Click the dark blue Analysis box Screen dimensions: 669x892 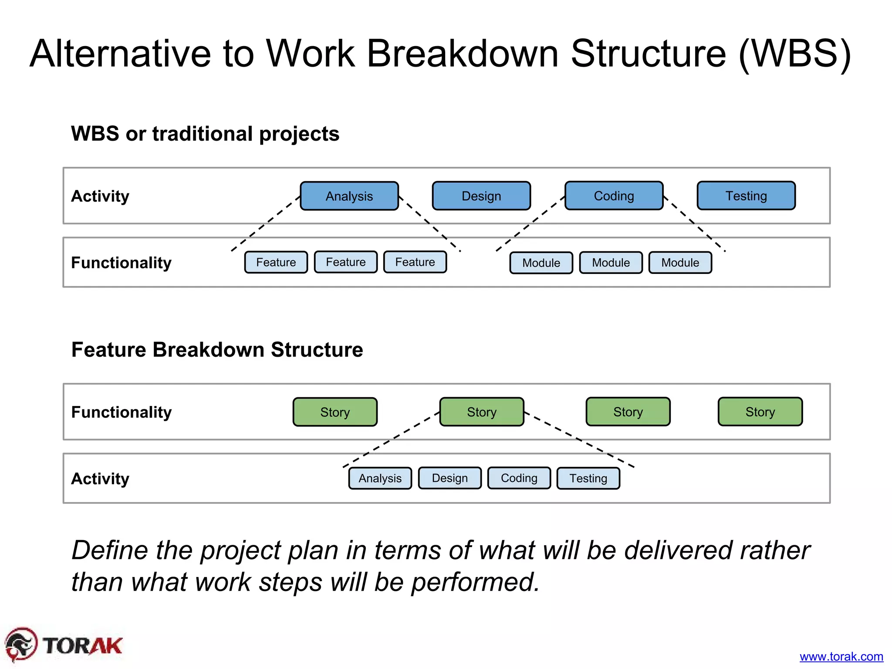pos(349,196)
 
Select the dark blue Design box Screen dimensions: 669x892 pos(481,196)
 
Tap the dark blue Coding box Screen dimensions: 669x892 pos(614,196)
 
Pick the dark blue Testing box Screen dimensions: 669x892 pos(746,196)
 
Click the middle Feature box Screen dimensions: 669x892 pos(345,262)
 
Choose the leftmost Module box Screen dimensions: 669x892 pos(541,263)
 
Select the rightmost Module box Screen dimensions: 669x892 pos(680,263)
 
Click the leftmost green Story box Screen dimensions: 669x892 pos(335,412)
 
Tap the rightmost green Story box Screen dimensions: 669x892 pos(760,412)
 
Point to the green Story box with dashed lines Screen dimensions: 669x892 pos(481,412)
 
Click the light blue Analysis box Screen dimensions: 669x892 pos(380,478)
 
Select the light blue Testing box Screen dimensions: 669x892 pos(588,478)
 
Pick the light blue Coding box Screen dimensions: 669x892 pos(519,478)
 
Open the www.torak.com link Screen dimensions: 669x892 pos(841,656)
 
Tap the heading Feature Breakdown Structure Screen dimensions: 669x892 pos(217,350)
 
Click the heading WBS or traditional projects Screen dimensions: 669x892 pos(205,134)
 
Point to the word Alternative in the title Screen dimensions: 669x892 pos(120,54)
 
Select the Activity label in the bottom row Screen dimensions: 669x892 pos(100,479)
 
